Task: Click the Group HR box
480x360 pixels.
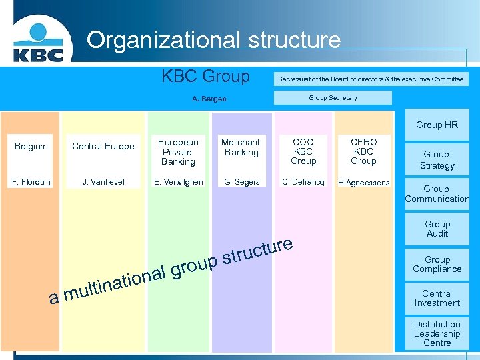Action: coord(437,125)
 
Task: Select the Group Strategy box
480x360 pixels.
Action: coord(437,159)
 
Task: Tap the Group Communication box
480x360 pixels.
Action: coord(437,194)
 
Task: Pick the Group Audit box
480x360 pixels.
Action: coord(437,229)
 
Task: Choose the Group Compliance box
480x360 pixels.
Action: coord(437,264)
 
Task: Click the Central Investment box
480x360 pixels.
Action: coord(437,298)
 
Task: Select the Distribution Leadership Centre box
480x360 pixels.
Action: coord(437,333)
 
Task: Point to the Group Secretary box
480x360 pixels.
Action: coord(333,98)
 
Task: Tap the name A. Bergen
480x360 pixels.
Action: coord(209,99)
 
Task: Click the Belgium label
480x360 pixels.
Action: coord(31,146)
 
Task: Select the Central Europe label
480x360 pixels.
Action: coord(103,146)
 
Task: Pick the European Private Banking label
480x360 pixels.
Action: coord(178,151)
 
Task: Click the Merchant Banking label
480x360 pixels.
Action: coord(241,147)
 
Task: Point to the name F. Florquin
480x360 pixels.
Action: coord(31,181)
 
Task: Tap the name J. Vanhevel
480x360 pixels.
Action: coord(103,181)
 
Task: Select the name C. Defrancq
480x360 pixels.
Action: coord(303,181)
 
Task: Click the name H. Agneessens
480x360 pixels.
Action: coord(363,182)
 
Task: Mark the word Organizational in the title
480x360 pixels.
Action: coord(163,40)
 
